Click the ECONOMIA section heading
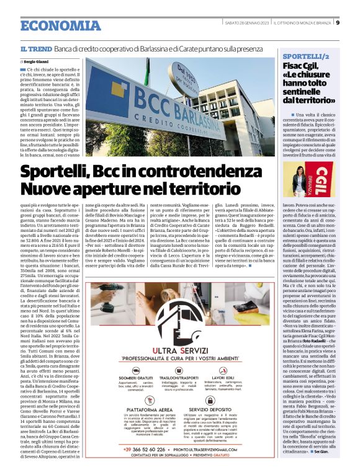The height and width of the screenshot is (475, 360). coord(60,26)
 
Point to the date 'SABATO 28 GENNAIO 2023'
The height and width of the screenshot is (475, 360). coord(247,24)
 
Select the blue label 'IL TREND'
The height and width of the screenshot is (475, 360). coord(36,48)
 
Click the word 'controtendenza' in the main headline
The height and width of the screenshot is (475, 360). coord(194,171)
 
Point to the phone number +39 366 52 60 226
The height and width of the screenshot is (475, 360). coord(147,448)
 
